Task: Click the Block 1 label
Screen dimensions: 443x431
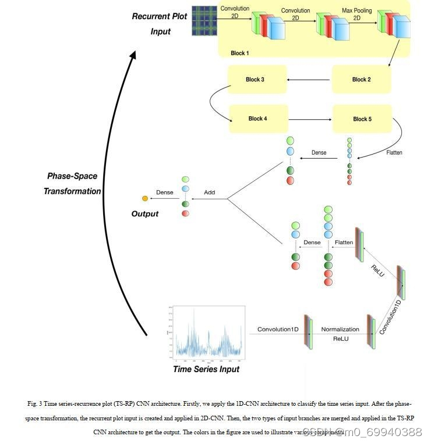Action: (239, 53)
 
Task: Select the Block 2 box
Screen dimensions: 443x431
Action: (361, 80)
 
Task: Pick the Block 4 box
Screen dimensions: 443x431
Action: (258, 119)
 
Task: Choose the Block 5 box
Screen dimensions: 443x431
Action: (362, 119)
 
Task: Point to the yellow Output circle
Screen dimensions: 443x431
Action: (145, 199)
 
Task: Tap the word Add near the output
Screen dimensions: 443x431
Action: (209, 192)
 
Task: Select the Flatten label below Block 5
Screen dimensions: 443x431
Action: (394, 153)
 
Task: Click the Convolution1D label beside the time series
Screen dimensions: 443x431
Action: (278, 330)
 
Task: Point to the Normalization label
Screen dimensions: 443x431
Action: (340, 330)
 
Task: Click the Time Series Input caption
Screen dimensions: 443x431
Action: (206, 369)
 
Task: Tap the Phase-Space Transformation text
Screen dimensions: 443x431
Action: (72, 183)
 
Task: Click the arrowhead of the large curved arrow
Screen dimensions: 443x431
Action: (133, 54)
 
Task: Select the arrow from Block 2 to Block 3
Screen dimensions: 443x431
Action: (309, 80)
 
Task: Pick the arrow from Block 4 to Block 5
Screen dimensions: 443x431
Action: (310, 119)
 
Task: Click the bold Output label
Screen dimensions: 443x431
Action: (145, 214)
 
